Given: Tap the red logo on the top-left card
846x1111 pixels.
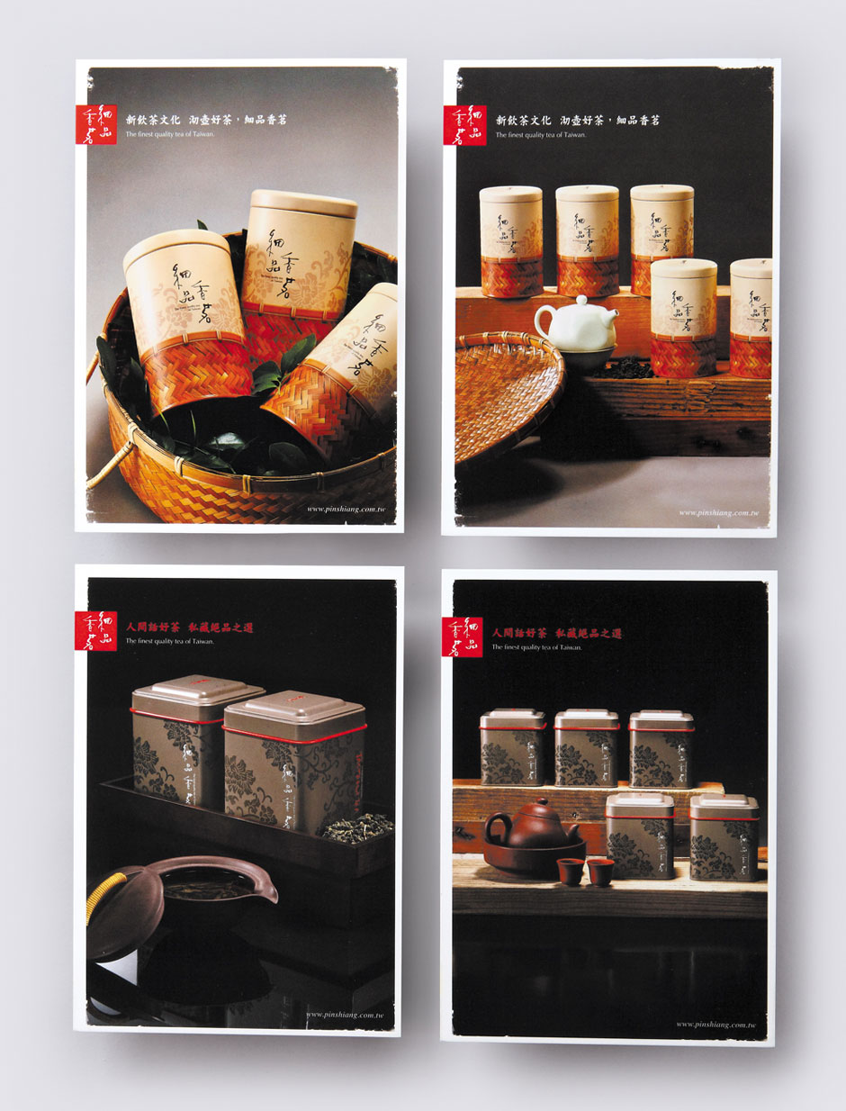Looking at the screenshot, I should [x=96, y=124].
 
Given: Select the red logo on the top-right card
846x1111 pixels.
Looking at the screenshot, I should [x=465, y=125].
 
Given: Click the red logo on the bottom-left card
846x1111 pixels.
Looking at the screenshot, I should [x=95, y=630].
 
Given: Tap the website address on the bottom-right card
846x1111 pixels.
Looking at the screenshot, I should [x=715, y=1024].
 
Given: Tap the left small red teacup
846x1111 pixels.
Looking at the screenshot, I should [x=570, y=871].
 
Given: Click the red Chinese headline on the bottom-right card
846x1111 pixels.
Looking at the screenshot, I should [x=557, y=634].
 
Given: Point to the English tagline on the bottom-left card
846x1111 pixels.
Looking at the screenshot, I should [x=170, y=642].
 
